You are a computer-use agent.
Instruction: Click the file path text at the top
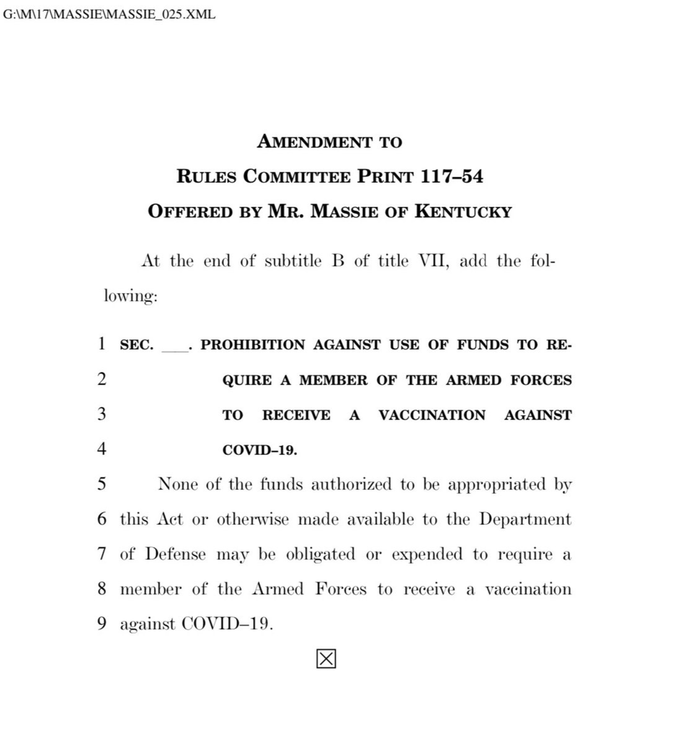110,14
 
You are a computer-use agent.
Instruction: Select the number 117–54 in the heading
452,177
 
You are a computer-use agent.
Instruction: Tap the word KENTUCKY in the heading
463,212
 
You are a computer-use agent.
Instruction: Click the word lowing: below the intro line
131,296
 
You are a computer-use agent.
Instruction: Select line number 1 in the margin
102,344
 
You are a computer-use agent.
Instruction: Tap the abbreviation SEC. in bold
136,345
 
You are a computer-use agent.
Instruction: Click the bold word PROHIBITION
253,345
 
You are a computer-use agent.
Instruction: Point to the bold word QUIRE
247,380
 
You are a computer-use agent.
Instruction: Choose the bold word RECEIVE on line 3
296,415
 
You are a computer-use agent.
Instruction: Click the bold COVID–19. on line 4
260,450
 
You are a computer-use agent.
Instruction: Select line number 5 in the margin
102,484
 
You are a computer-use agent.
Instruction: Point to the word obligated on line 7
321,554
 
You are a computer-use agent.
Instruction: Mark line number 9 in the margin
102,624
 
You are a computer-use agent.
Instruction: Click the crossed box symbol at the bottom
326,659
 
